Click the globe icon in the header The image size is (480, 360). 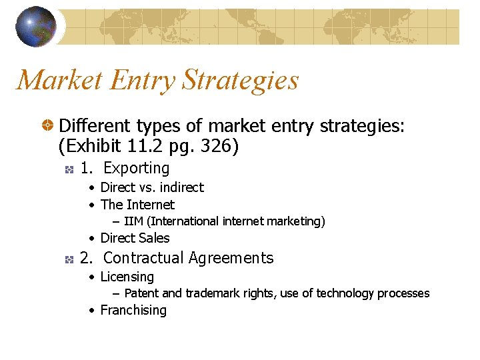tap(35, 27)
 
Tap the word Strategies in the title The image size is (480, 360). tap(240, 81)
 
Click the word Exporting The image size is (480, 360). tap(137, 168)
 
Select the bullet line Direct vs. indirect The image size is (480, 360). tap(152, 187)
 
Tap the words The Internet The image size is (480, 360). tap(137, 205)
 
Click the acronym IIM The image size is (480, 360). tap(133, 221)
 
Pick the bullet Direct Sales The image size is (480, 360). tap(135, 238)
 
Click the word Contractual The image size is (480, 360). tap(143, 258)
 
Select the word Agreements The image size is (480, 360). tap(231, 258)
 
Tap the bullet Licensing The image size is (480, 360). tap(127, 277)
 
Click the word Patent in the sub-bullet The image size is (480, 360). tap(142, 293)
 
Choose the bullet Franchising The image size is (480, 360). tap(133, 310)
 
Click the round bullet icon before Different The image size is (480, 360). tap(48, 125)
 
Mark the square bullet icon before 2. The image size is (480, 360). tap(68, 259)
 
